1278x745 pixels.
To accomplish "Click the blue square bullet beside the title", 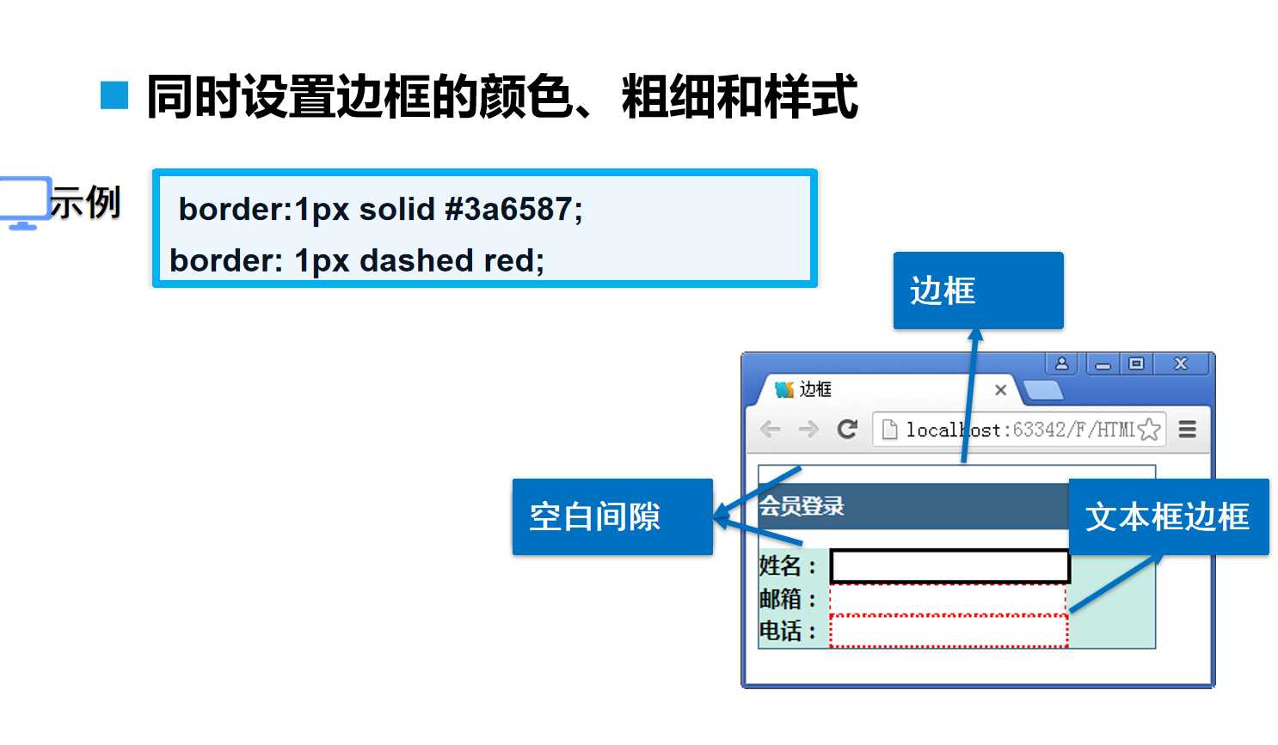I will [x=114, y=95].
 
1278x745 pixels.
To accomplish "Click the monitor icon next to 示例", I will [x=24, y=203].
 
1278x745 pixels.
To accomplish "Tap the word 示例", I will [x=85, y=203].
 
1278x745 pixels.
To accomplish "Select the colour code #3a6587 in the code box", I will [x=507, y=209].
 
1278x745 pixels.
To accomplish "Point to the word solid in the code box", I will [x=396, y=209].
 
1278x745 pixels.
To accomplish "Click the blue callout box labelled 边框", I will [x=978, y=290].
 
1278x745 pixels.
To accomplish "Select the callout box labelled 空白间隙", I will [x=612, y=516].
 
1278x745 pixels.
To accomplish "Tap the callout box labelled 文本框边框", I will [x=1168, y=516].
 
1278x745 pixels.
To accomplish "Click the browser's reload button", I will [x=848, y=429].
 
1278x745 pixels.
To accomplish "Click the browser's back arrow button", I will [x=771, y=429].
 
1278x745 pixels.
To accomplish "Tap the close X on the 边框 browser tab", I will [x=1000, y=390].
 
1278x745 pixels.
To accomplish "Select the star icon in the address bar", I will [x=1149, y=429].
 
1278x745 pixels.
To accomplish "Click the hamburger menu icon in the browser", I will [x=1188, y=429].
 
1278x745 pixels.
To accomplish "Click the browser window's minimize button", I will [x=1103, y=364].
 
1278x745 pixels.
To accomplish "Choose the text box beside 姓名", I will [x=949, y=567].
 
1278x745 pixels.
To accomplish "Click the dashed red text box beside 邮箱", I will [x=948, y=599].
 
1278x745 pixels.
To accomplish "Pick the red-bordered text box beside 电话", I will [x=948, y=632].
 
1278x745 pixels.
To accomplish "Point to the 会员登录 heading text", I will [x=802, y=506].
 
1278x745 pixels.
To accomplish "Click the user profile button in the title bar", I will [x=1062, y=363].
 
